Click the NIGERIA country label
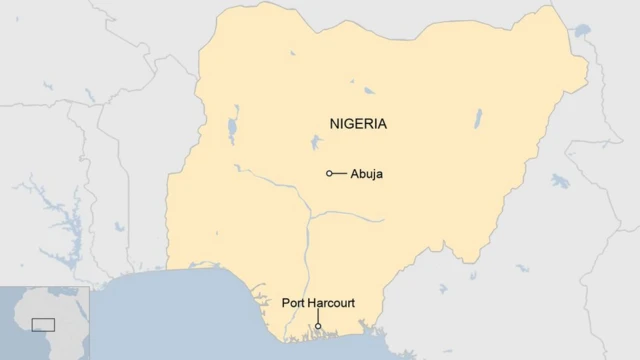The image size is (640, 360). [358, 124]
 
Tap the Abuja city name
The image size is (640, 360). [366, 174]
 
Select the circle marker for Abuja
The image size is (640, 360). [330, 173]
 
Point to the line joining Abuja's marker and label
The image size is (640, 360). [340, 173]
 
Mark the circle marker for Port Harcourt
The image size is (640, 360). [318, 326]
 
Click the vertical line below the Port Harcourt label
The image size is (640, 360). [318, 316]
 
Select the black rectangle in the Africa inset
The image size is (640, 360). [43, 324]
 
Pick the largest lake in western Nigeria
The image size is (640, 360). [233, 129]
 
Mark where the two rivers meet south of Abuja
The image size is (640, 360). [309, 218]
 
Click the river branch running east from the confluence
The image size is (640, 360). [350, 214]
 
